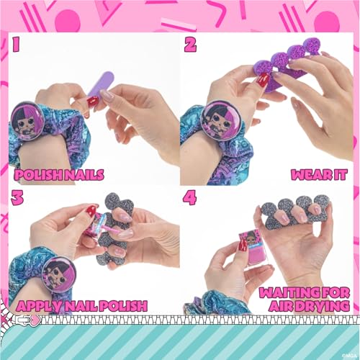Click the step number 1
click(x=18, y=45)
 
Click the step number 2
click(x=190, y=45)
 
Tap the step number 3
click(x=18, y=197)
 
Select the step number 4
click(x=190, y=197)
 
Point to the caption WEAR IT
click(x=320, y=174)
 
